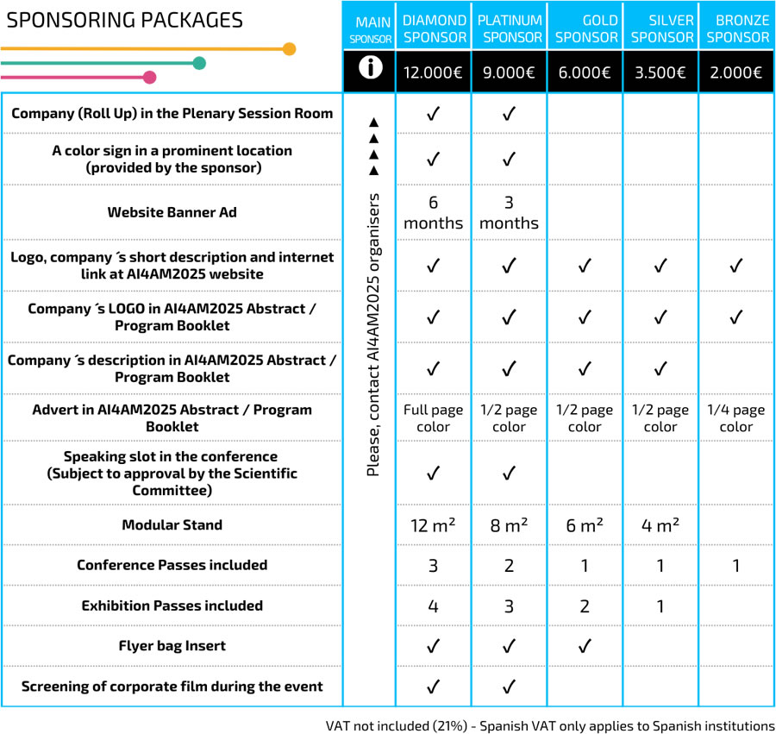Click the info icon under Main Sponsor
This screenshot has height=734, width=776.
[371, 70]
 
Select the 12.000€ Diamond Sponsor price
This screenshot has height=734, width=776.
[434, 72]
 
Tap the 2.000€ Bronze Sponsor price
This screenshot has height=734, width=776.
[736, 72]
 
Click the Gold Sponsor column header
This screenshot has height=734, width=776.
[585, 28]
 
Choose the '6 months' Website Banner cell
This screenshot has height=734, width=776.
[434, 212]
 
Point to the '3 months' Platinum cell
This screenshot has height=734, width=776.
[509, 212]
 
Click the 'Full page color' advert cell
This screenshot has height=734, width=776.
[434, 418]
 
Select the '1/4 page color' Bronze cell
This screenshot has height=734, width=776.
[736, 418]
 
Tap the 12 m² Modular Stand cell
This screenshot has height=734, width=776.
[434, 525]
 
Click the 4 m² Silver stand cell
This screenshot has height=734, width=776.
[660, 525]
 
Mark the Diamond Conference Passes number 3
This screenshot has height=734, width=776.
[434, 566]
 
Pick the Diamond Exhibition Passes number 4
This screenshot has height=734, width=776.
[434, 605]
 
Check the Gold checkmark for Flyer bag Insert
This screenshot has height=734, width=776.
[585, 646]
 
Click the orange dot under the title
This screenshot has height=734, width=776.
[289, 49]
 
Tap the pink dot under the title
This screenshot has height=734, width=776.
[149, 78]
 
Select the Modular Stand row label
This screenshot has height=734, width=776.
[172, 525]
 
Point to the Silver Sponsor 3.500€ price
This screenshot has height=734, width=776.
[660, 72]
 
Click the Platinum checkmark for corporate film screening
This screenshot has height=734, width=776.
[509, 687]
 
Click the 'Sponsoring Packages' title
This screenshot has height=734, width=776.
[125, 20]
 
